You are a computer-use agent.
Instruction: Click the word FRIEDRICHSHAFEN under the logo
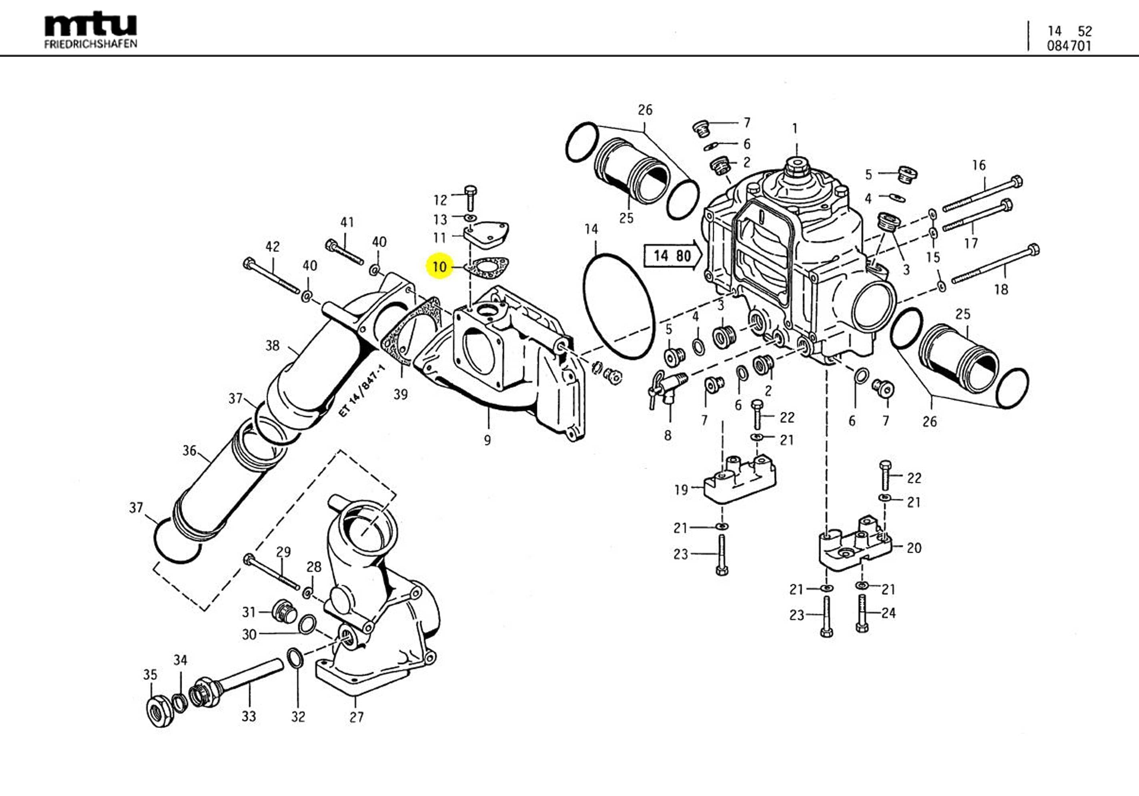tap(90, 44)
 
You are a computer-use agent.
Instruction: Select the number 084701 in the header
tap(1069, 46)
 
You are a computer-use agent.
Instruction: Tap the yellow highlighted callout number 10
tap(439, 267)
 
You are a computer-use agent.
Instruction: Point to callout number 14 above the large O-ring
tap(591, 229)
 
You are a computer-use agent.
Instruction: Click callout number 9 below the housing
tap(487, 440)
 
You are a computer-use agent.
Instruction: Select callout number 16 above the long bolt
tap(978, 165)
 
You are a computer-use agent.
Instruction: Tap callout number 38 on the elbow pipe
tap(273, 345)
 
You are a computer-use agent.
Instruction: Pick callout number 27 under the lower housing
tap(356, 717)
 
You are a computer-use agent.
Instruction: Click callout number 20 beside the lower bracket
tap(914, 548)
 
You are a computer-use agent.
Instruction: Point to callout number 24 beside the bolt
tap(888, 613)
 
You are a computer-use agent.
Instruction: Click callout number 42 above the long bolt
tap(273, 246)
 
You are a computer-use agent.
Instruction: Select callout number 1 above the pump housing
tap(795, 128)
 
